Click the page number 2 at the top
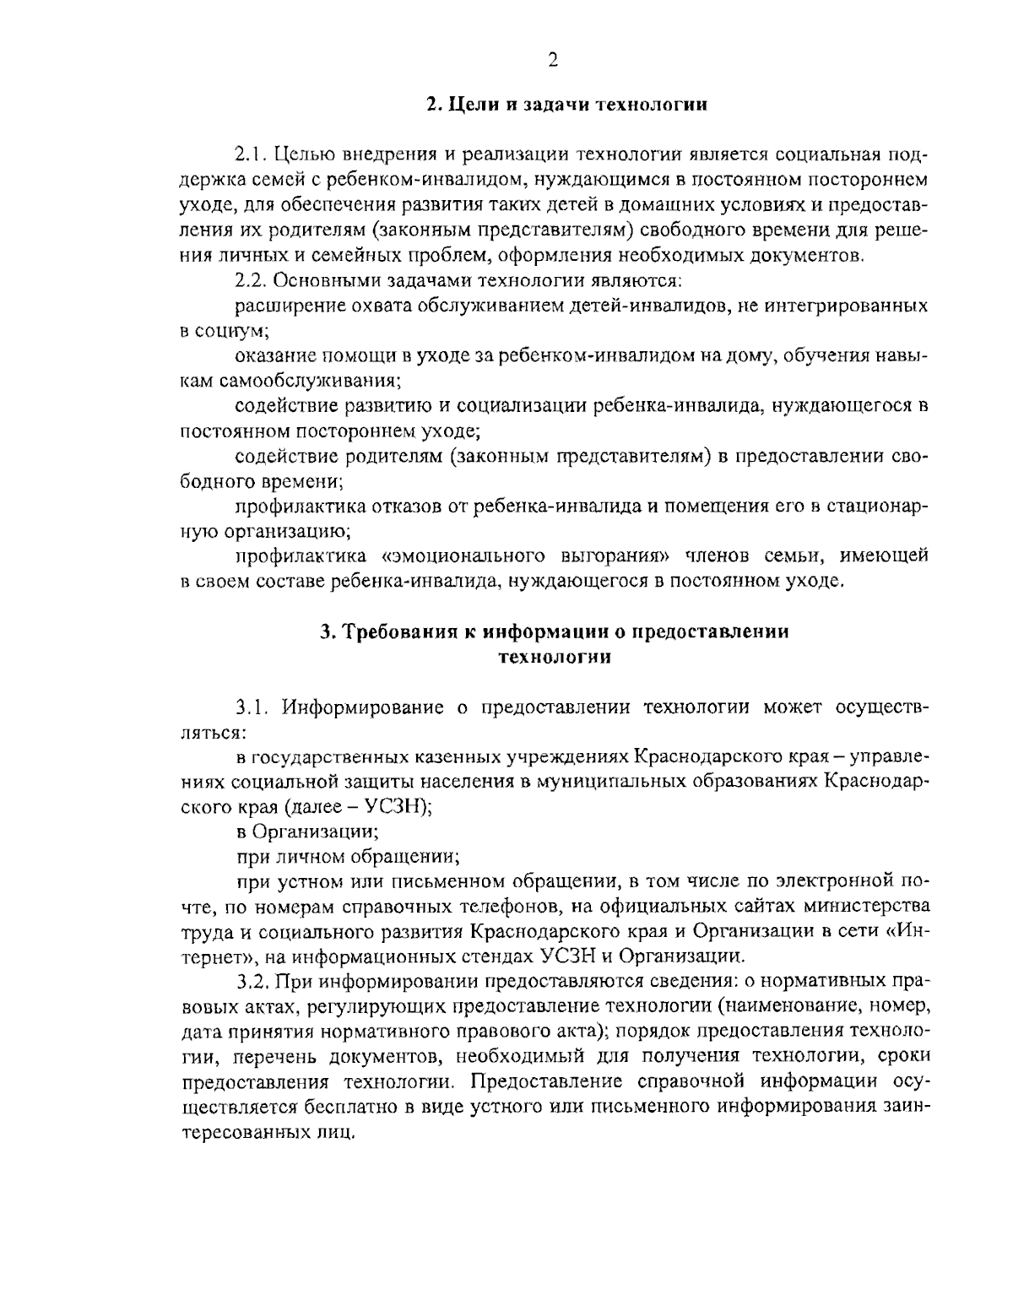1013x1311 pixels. pos(553,59)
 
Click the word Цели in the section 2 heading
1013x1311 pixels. pos(468,106)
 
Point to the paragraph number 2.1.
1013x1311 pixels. pos(252,155)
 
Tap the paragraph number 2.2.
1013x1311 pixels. pos(252,279)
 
